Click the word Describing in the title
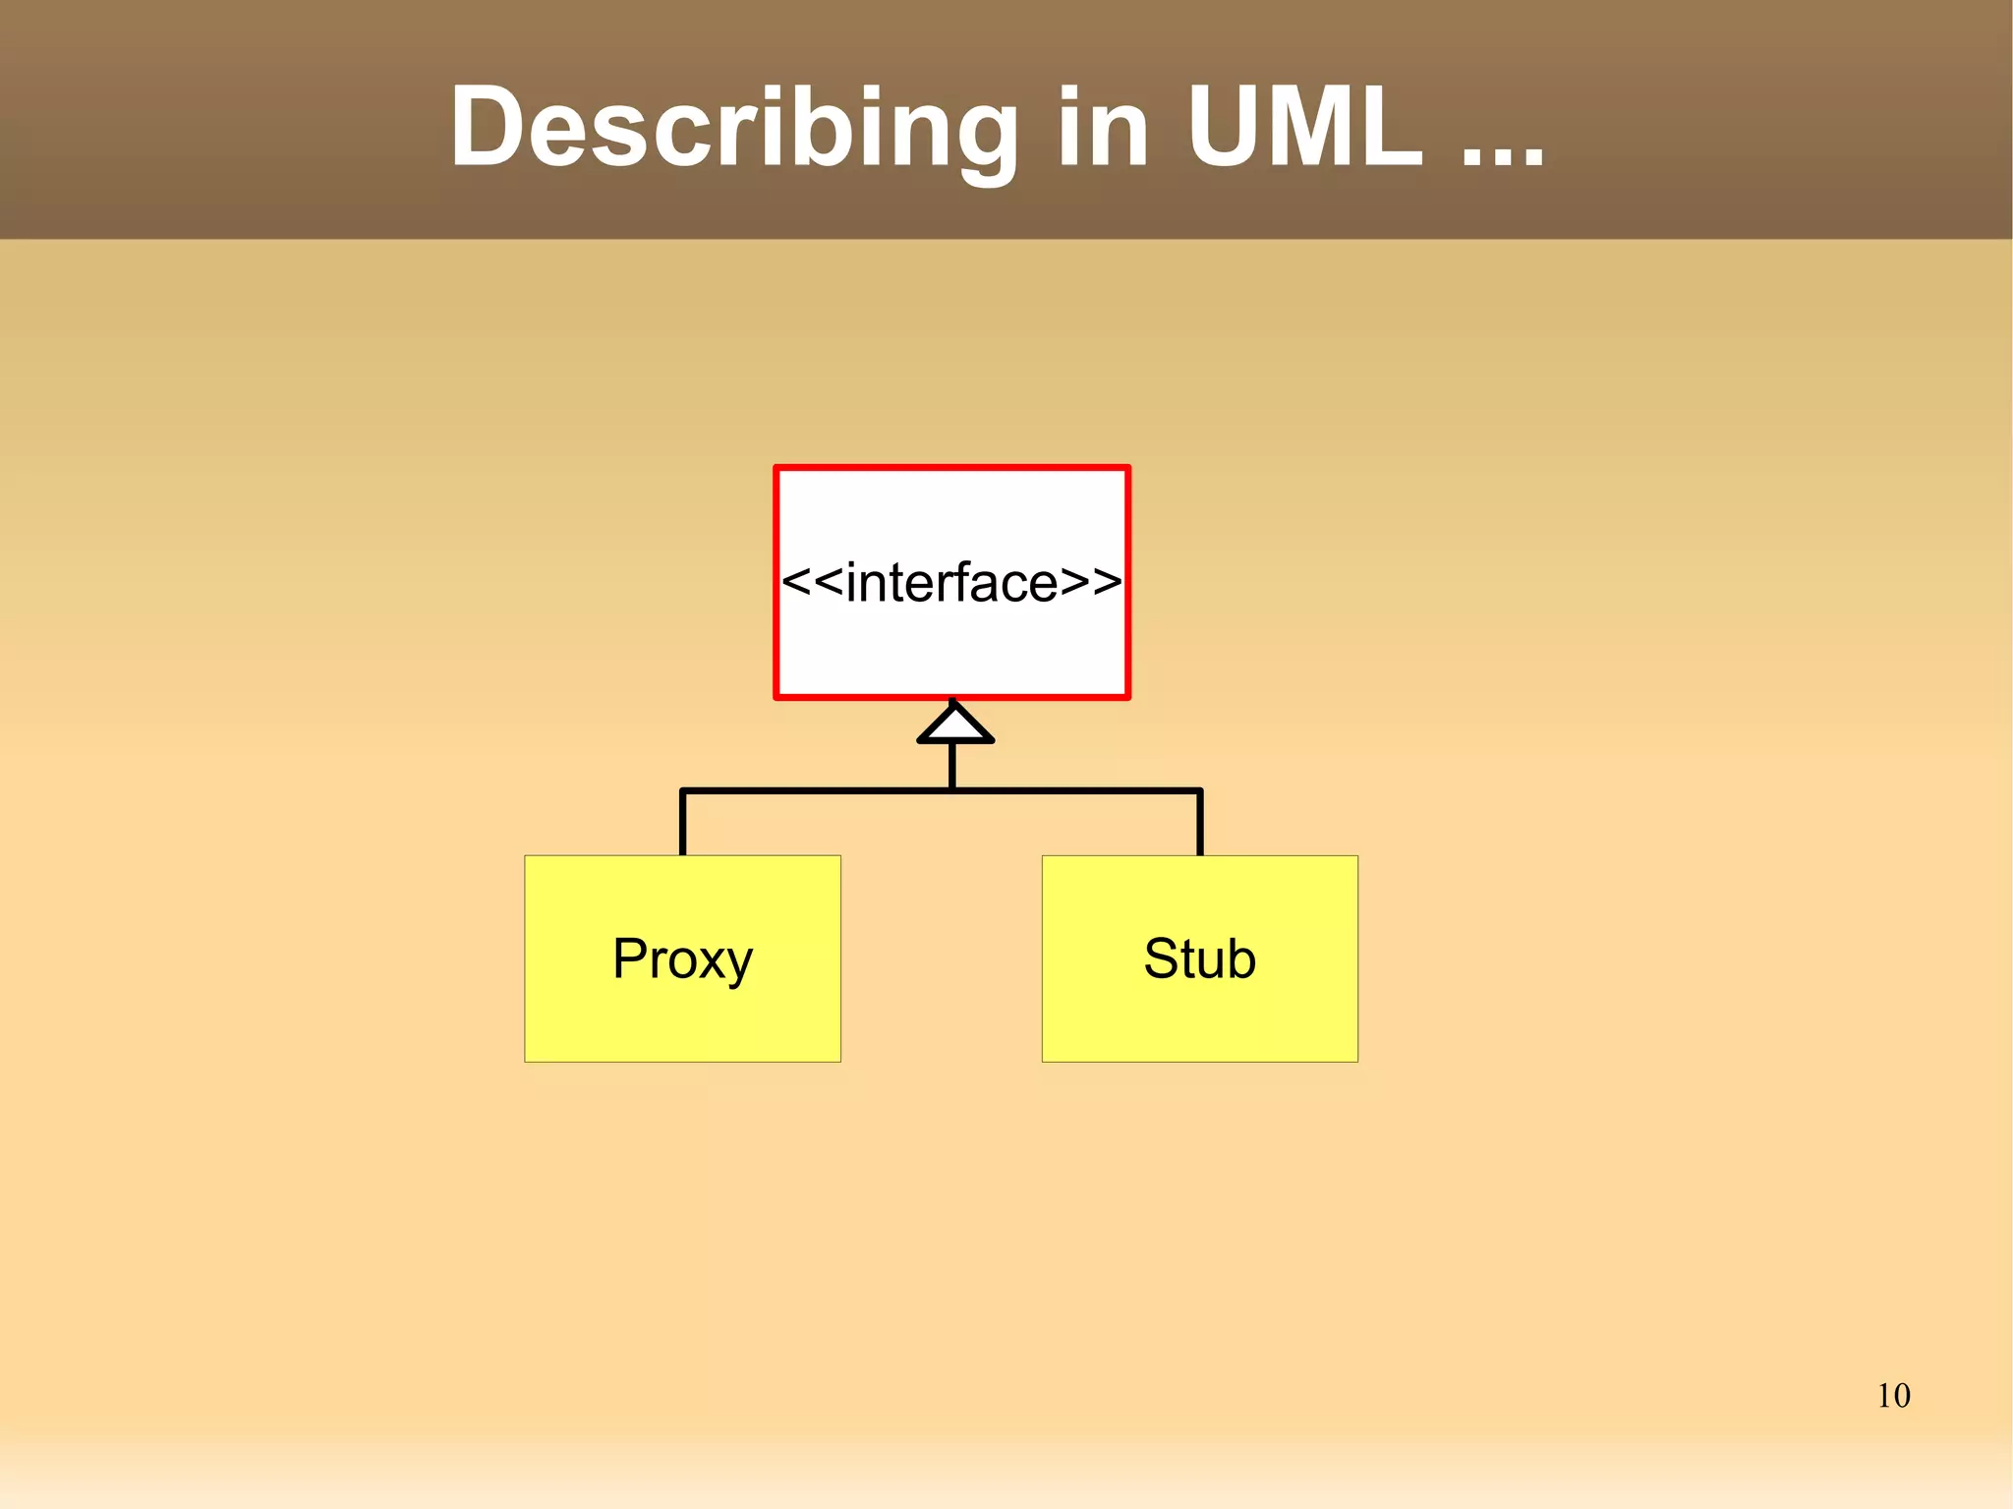(x=733, y=128)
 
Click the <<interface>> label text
(x=951, y=582)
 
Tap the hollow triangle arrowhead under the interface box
(x=954, y=725)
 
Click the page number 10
(x=1893, y=1396)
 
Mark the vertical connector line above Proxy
(x=682, y=824)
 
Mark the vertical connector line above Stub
(x=1199, y=824)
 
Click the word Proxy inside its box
(x=682, y=958)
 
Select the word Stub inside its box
(x=1199, y=958)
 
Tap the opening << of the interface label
(x=812, y=582)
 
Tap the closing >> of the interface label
(x=1091, y=582)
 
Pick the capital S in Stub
(x=1162, y=958)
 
